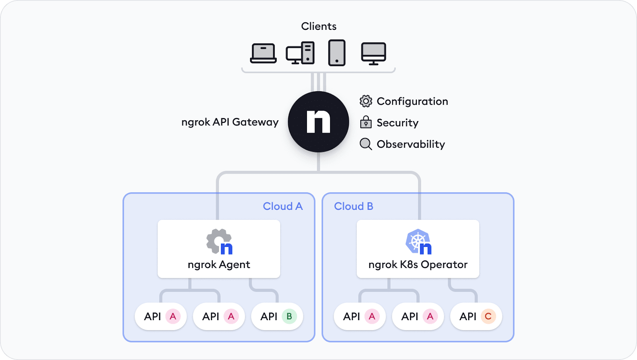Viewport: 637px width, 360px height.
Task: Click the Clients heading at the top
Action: click(318, 26)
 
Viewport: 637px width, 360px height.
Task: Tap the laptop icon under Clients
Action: click(263, 53)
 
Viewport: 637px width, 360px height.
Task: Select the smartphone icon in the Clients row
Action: click(336, 53)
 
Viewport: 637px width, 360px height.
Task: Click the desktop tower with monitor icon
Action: click(300, 53)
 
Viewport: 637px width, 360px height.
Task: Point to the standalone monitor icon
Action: click(373, 53)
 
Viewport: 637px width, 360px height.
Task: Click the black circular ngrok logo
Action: click(318, 121)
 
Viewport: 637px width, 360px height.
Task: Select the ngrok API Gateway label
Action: click(230, 122)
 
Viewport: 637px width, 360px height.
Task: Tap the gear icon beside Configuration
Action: click(365, 101)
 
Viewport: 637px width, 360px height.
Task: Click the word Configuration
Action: click(412, 101)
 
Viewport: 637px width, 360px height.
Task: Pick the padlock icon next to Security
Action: click(365, 122)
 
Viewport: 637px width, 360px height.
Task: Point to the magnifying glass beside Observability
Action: click(365, 144)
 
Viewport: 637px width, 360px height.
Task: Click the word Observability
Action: click(410, 144)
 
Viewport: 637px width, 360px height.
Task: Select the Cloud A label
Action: click(283, 206)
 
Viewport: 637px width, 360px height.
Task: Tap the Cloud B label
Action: click(354, 206)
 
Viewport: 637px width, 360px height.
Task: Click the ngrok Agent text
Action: click(219, 264)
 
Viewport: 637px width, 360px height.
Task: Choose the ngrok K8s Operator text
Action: click(418, 264)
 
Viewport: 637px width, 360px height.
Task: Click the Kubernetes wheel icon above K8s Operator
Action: click(417, 241)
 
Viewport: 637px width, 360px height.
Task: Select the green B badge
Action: click(289, 316)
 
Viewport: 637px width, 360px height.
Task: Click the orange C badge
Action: click(488, 316)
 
